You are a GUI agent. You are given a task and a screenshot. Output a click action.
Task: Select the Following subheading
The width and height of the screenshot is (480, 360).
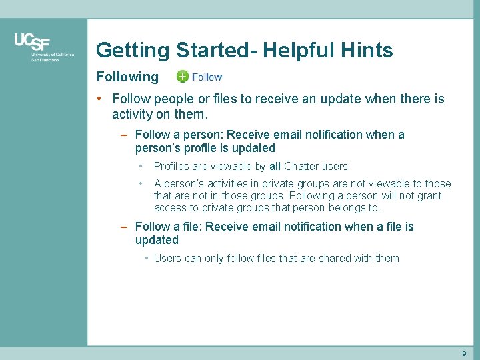(127, 77)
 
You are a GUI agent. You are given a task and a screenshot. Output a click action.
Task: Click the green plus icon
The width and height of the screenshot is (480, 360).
(183, 77)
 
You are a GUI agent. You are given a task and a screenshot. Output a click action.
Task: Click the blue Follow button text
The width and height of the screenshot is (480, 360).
(207, 77)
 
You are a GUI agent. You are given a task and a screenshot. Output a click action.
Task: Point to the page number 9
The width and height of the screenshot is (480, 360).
(464, 353)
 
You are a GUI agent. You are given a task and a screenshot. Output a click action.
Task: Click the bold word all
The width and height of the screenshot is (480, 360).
(275, 166)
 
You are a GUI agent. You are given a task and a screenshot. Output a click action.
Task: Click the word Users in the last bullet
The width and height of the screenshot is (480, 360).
(167, 258)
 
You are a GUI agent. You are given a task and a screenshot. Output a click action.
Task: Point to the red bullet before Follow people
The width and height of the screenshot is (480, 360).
(99, 99)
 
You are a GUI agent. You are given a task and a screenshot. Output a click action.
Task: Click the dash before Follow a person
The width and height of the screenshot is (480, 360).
(125, 135)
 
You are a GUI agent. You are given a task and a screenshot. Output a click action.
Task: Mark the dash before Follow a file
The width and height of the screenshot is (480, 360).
(125, 227)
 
